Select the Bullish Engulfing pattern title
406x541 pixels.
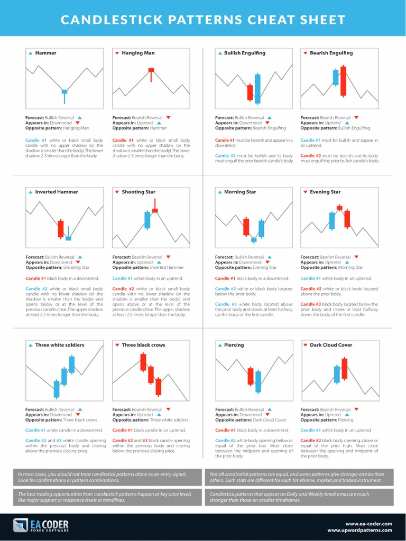click(x=245, y=53)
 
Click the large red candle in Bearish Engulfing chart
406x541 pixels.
click(x=343, y=81)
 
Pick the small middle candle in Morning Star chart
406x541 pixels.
click(x=254, y=240)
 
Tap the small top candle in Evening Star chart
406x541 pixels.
click(x=339, y=208)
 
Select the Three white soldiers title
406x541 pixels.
click(x=60, y=345)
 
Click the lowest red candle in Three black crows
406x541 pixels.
click(x=158, y=386)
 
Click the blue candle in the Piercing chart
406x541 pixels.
click(x=258, y=381)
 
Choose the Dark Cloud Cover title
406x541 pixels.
click(x=331, y=345)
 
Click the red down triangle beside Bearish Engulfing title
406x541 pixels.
click(x=305, y=53)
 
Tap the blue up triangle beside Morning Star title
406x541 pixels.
click(x=220, y=192)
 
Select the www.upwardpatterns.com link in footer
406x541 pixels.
click(x=359, y=530)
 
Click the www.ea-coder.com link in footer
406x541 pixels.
click(x=368, y=523)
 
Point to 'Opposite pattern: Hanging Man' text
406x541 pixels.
click(x=57, y=128)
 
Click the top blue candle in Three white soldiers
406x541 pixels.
click(x=71, y=364)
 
